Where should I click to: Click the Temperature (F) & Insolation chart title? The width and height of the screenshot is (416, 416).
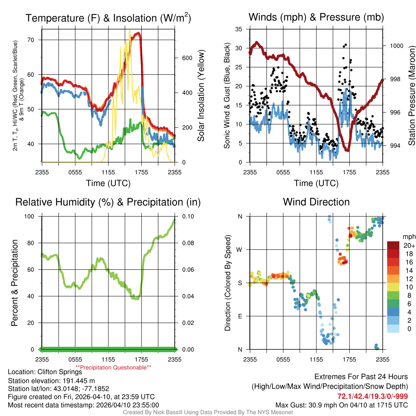click(108, 18)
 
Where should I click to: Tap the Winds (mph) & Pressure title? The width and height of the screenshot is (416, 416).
click(316, 17)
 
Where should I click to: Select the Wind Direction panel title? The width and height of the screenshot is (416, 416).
click(316, 202)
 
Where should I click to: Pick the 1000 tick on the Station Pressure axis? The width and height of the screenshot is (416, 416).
click(396, 46)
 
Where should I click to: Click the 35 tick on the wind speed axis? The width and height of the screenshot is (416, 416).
click(239, 29)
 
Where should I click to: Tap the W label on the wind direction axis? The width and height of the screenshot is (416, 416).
click(240, 249)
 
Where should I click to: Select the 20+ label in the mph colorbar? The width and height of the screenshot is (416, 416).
click(409, 246)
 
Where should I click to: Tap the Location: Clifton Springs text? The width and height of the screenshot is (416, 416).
click(45, 372)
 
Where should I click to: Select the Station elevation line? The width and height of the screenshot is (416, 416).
click(51, 380)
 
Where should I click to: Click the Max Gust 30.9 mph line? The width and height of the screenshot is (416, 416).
click(342, 405)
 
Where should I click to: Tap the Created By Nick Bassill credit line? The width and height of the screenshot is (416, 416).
click(208, 412)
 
